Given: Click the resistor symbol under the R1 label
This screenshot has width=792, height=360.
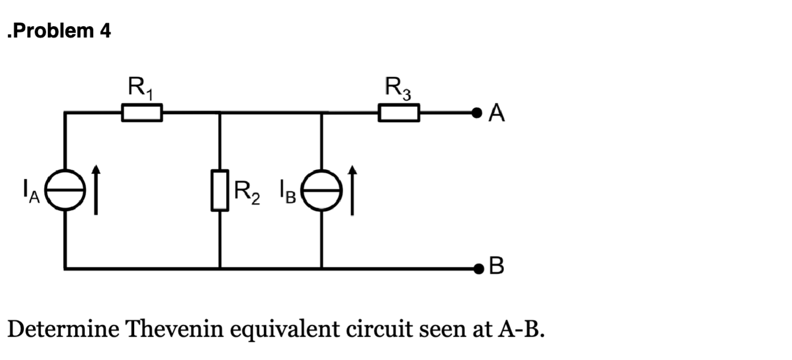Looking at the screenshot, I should coord(142,112).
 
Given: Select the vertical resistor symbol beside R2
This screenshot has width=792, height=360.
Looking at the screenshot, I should coord(220,190).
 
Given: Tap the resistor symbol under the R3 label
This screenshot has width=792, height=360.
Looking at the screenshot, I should coord(399,112).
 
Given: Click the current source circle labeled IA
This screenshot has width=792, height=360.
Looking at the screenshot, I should coord(65,190).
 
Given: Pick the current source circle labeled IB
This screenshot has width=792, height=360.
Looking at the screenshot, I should coord(322,190).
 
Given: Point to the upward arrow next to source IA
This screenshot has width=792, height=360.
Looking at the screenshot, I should coord(96,190).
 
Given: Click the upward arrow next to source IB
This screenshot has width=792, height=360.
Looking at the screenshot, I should coord(353,190).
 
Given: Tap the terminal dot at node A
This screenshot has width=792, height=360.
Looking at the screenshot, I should coord(478,112).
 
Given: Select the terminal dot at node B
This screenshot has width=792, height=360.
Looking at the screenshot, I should coord(478,267).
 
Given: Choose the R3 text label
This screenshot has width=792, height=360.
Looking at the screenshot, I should coord(398,88).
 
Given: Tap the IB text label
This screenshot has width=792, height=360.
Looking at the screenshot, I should coord(287,193).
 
